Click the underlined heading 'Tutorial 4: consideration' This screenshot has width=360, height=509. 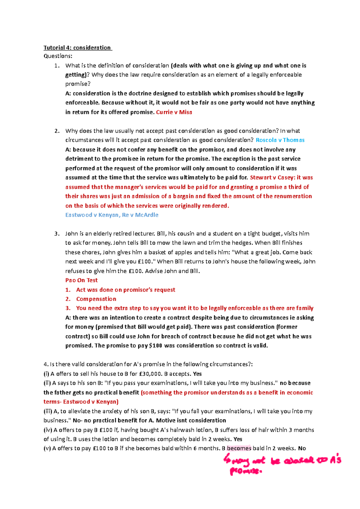pos(77,48)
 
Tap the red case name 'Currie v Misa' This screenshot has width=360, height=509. pos(174,112)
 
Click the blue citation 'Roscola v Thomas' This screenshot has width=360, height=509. pos(280,140)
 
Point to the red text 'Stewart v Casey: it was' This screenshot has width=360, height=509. pos(281,177)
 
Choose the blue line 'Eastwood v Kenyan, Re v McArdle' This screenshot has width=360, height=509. pos(112,215)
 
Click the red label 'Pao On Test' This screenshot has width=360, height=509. pos(81,280)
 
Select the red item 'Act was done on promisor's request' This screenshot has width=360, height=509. pos(125,290)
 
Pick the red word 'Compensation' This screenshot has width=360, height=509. pos(96,299)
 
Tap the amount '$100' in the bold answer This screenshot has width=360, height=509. pos(155,346)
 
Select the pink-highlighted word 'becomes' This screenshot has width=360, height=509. pos(239,448)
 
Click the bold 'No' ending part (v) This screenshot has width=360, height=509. pos(302,448)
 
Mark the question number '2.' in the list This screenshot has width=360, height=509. pos(57,131)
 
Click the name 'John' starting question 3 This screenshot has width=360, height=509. pos(71,234)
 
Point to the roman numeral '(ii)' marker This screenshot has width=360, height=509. pos(47,383)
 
